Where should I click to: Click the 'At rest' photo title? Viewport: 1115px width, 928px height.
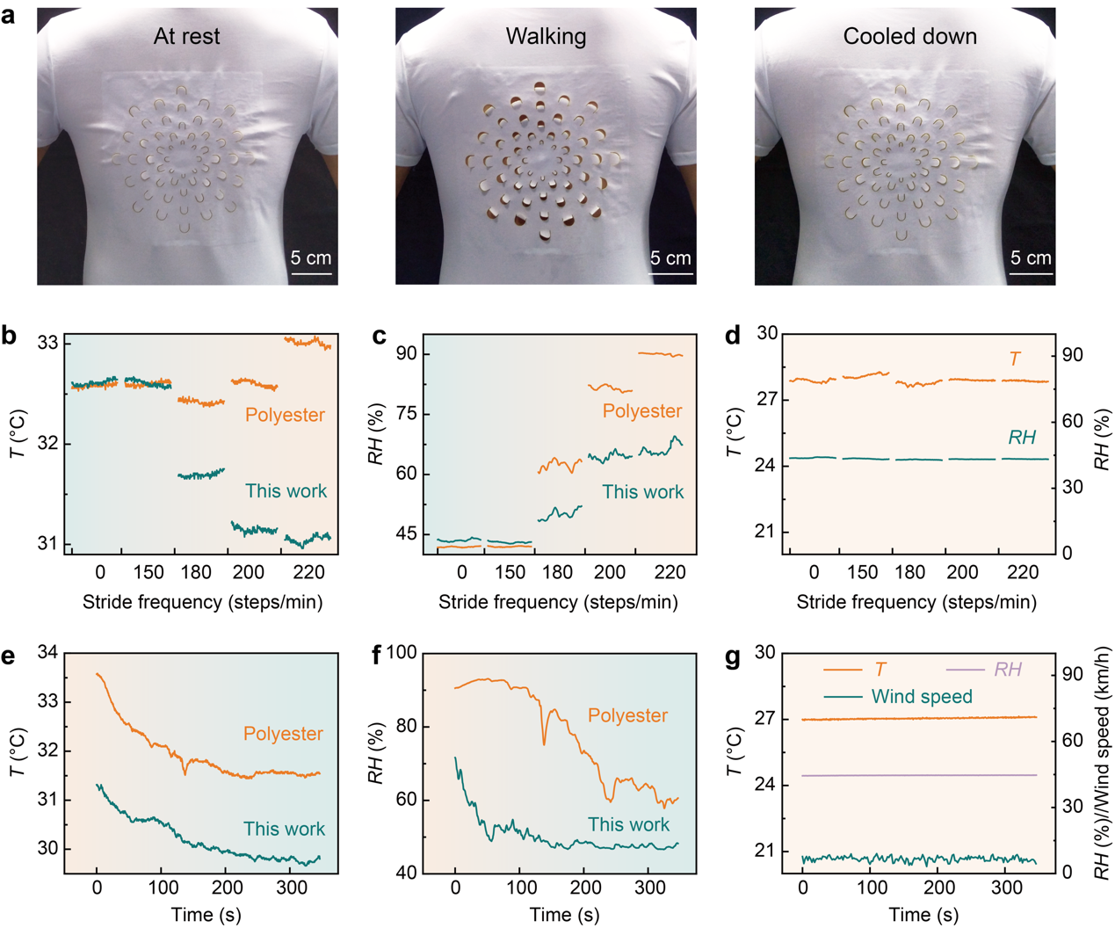click(186, 36)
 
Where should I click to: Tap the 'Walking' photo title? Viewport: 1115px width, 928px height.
click(546, 36)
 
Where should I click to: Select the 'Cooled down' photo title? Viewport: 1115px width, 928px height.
click(909, 36)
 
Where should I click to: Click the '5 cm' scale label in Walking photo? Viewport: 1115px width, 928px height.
click(670, 257)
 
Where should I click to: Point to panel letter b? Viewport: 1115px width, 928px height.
click(11, 336)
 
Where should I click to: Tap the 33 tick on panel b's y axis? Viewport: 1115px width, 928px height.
click(48, 343)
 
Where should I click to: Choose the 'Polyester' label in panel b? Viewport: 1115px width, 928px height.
click(285, 415)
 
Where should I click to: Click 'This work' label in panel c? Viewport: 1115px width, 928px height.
click(642, 492)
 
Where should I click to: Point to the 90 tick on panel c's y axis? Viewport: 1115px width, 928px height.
click(405, 354)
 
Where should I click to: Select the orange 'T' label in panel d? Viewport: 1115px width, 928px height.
click(1015, 359)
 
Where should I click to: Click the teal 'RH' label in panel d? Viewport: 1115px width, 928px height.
click(1022, 438)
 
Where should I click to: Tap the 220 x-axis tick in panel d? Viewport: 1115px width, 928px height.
click(1022, 573)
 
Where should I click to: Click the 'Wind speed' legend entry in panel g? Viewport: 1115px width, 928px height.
click(922, 697)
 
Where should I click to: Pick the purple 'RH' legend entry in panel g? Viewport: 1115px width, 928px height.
click(1007, 670)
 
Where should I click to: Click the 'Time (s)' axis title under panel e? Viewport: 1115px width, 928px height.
click(206, 915)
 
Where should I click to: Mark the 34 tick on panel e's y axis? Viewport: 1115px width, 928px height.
click(47, 653)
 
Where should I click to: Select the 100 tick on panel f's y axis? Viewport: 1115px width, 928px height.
click(401, 653)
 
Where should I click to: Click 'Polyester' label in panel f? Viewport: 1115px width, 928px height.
click(627, 715)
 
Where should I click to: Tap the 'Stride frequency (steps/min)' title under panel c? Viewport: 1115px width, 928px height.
click(558, 602)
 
